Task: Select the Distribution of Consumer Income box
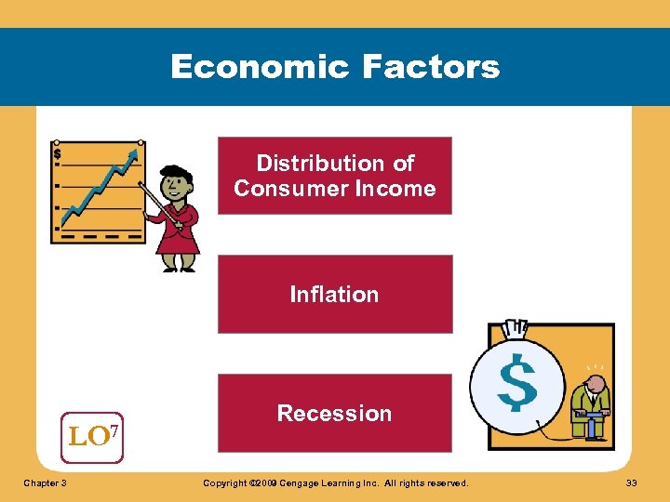point(334,176)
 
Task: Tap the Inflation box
point(334,294)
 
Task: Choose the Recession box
point(334,413)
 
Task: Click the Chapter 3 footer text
point(46,483)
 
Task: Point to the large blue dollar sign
point(516,384)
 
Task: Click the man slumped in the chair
point(589,402)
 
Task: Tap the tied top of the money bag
point(514,329)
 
